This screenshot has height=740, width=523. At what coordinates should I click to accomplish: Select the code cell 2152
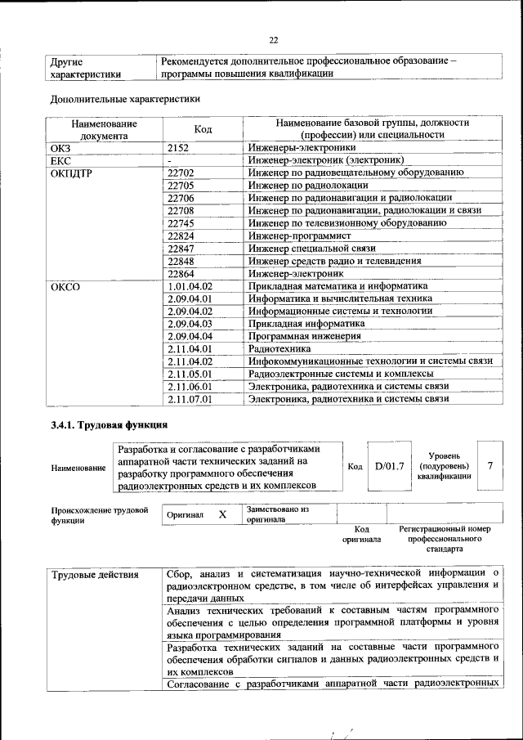click(178, 148)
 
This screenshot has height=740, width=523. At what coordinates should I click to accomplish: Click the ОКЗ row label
click(62, 148)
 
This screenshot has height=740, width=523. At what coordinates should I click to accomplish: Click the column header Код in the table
click(203, 129)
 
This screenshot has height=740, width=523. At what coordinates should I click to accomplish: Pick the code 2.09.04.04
click(190, 336)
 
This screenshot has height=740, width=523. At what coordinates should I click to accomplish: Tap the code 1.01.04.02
click(190, 286)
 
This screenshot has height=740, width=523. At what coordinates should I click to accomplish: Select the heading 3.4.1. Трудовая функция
click(109, 424)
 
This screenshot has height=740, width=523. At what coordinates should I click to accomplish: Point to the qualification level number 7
click(489, 465)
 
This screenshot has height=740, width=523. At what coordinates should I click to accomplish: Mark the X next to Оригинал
click(221, 515)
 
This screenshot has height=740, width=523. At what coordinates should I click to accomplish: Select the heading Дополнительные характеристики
click(124, 99)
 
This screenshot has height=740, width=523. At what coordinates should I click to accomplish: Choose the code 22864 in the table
click(180, 273)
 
